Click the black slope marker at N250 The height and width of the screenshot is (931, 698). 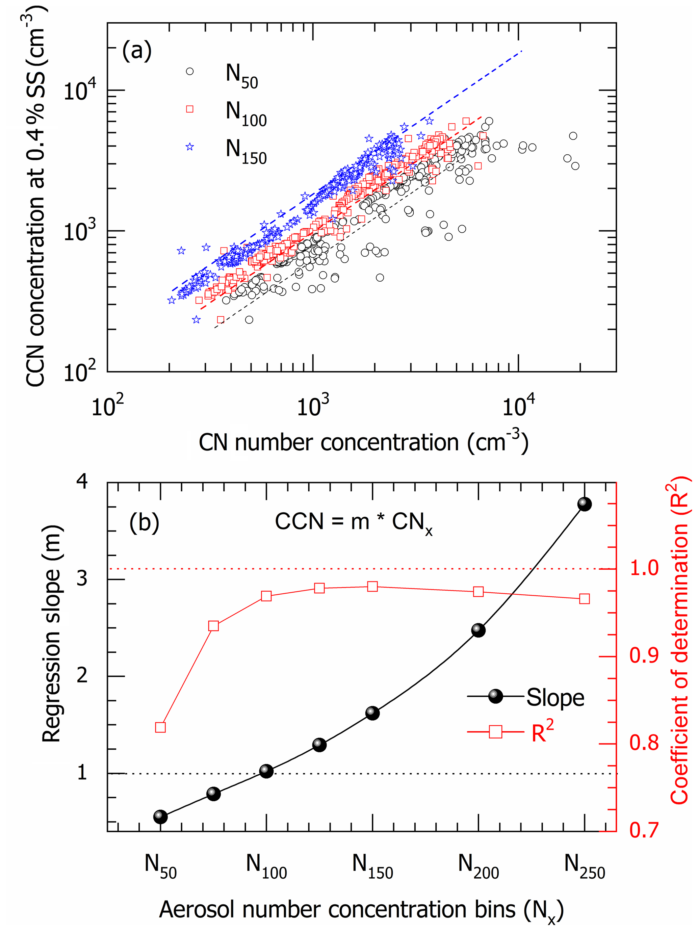(584, 504)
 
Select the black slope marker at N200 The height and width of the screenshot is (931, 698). (478, 630)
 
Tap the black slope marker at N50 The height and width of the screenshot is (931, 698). (160, 817)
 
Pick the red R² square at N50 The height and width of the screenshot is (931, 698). (160, 727)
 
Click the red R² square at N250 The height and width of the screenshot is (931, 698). (584, 598)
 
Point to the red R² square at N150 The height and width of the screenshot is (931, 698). (372, 586)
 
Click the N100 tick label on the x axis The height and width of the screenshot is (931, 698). (266, 866)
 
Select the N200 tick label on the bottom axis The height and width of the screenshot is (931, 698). (478, 866)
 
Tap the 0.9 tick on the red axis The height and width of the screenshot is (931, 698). (644, 656)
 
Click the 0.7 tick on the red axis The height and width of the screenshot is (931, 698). (644, 830)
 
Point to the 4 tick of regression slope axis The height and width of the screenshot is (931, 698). (82, 482)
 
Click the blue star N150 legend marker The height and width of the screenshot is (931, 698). (190, 147)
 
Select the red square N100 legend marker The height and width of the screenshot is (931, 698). (190, 109)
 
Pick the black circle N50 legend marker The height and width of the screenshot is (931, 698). (190, 72)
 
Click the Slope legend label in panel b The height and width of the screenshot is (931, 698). (555, 697)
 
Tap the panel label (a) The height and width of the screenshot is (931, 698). (137, 51)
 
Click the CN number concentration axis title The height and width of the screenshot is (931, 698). (363, 443)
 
